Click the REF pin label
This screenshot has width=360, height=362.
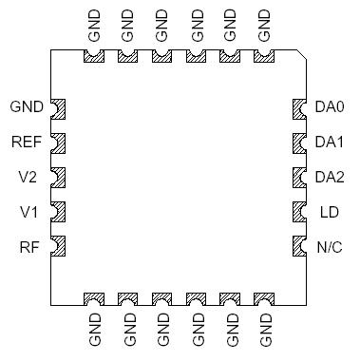(x=27, y=143)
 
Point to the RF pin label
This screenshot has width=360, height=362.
(x=29, y=248)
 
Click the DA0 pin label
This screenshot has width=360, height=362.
(x=330, y=107)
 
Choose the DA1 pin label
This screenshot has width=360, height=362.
(x=330, y=143)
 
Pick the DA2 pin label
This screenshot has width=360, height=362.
(x=330, y=178)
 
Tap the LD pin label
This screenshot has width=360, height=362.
(x=329, y=212)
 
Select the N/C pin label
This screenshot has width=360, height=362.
(x=329, y=248)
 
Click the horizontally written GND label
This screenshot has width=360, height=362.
(x=26, y=107)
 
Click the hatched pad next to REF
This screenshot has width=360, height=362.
(x=56, y=143)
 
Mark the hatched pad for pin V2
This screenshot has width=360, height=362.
(x=56, y=178)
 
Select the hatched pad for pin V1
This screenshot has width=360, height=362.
(x=56, y=212)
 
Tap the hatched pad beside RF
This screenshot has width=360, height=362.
(x=56, y=247)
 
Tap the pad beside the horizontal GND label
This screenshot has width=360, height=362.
(x=56, y=107)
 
